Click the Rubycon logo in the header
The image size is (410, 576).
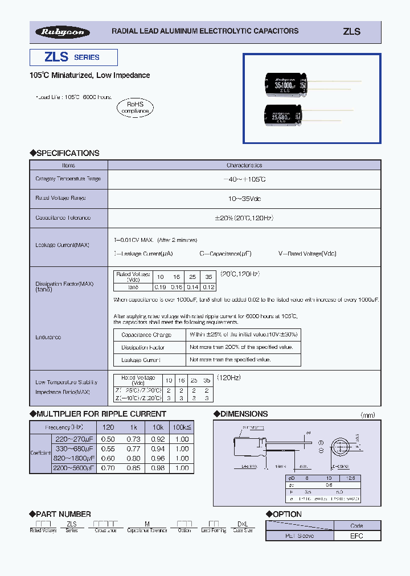click(x=63, y=32)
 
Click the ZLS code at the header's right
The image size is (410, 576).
click(x=351, y=32)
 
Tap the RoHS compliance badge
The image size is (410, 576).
click(x=135, y=108)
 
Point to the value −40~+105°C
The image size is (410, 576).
click(x=244, y=179)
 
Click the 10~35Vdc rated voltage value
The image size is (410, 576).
click(x=244, y=199)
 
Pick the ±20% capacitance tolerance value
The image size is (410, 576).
click(x=244, y=218)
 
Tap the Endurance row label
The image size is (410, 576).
click(x=48, y=338)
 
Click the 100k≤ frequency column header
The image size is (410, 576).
click(x=182, y=427)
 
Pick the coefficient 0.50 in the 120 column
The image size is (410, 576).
click(x=108, y=439)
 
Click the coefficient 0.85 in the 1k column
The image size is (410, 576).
click(x=133, y=468)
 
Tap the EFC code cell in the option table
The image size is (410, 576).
click(x=356, y=536)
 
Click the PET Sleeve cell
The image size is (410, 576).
click(x=300, y=536)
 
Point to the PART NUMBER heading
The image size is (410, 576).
click(x=60, y=514)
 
